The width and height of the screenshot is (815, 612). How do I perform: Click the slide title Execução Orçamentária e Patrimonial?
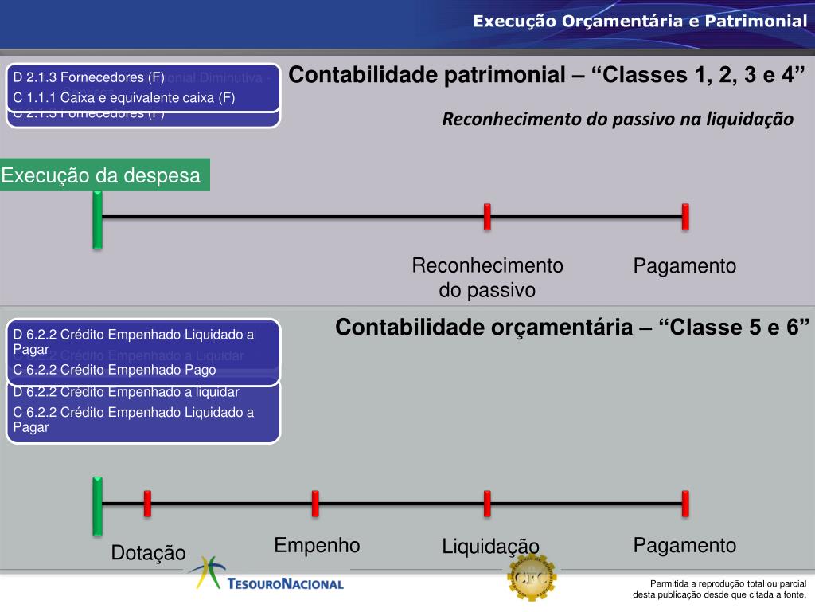(x=640, y=21)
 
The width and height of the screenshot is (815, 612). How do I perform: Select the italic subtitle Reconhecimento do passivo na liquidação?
(x=618, y=120)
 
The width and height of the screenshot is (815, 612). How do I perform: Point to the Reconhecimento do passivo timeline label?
(x=487, y=277)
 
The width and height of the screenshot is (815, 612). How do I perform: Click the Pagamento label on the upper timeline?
(x=684, y=266)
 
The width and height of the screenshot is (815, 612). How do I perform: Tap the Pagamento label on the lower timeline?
(x=684, y=546)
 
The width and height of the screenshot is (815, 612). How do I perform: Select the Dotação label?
(x=148, y=552)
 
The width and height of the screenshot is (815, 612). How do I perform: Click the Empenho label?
(x=317, y=546)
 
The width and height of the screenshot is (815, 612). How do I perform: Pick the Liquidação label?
(x=490, y=547)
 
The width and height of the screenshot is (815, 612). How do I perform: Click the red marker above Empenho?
(x=315, y=504)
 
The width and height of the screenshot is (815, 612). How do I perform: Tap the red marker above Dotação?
(x=147, y=504)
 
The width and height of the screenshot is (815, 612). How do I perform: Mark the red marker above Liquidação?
(x=487, y=504)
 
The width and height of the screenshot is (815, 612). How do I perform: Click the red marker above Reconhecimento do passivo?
(x=487, y=216)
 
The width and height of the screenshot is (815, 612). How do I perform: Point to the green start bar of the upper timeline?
(x=97, y=218)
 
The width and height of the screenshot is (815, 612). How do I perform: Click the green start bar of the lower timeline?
(x=97, y=505)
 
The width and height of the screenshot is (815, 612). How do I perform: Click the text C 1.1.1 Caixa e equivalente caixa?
(x=124, y=98)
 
